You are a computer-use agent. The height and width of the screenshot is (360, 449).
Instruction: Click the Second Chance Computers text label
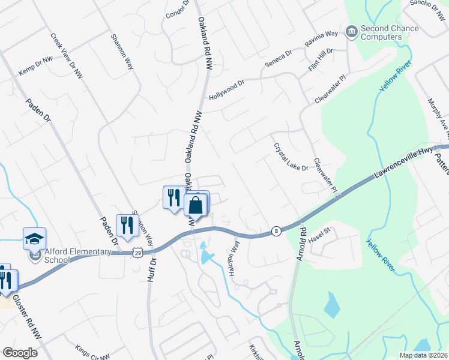pos(381,32)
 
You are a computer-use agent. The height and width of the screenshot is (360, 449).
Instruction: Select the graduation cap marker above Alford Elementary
pos(34,238)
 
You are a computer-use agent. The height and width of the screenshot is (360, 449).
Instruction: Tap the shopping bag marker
pos(196,205)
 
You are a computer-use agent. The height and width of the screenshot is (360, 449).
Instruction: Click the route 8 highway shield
pos(276,230)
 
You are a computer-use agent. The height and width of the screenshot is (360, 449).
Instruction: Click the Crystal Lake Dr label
pos(291,157)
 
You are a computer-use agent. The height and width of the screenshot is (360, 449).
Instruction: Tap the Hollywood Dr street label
pos(227,91)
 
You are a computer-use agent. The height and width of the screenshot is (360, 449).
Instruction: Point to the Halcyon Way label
pos(234,257)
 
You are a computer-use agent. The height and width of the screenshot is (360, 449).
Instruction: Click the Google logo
pos(20,352)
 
